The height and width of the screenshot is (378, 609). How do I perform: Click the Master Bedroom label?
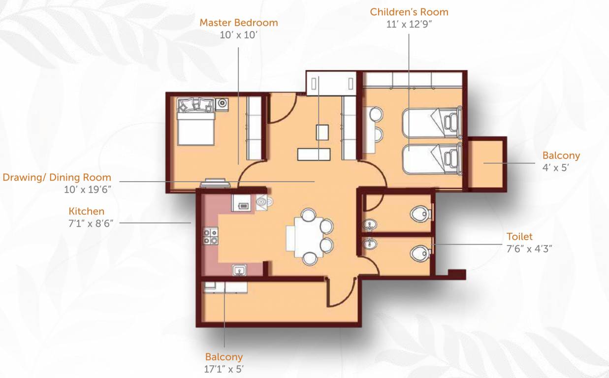[x=238, y=23]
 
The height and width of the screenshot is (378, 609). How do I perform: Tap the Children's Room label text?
[x=409, y=11]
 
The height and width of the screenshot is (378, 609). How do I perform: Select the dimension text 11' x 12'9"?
[x=409, y=24]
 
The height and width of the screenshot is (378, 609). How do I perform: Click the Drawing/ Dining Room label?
[x=57, y=177]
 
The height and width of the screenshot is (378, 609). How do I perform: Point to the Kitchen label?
[x=86, y=211]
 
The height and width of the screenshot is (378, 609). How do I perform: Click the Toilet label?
[x=519, y=237]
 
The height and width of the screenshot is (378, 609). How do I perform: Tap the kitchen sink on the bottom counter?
[x=241, y=270]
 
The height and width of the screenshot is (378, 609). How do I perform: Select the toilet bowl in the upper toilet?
[x=419, y=214]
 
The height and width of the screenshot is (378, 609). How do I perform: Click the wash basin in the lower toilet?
[x=369, y=244]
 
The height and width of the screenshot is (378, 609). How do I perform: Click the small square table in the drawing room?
[x=322, y=132]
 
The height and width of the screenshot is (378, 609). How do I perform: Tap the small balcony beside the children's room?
[x=486, y=163]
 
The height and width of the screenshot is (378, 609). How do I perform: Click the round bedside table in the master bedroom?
[x=223, y=103]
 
